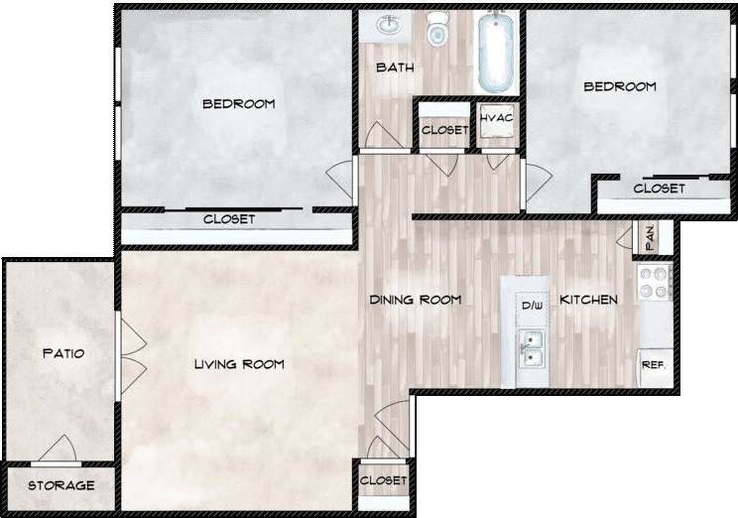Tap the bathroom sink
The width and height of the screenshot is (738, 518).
pyautogui.click(x=387, y=25)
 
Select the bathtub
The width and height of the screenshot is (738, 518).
pyautogui.click(x=495, y=50)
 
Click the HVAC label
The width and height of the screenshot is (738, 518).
pyautogui.click(x=496, y=119)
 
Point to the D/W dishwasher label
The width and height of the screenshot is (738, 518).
pyautogui.click(x=532, y=306)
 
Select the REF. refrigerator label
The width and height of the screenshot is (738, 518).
pyautogui.click(x=653, y=365)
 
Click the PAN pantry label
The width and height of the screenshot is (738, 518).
pyautogui.click(x=650, y=238)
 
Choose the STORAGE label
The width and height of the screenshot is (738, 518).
pyautogui.click(x=61, y=485)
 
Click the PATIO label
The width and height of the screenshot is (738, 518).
pyautogui.click(x=61, y=353)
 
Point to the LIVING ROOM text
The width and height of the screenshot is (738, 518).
pyautogui.click(x=239, y=364)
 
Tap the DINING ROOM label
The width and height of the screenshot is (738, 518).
pyautogui.click(x=416, y=300)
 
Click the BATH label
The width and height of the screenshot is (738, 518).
pyautogui.click(x=394, y=68)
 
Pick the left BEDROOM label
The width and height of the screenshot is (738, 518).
pyautogui.click(x=238, y=103)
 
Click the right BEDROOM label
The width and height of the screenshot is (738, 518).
pyautogui.click(x=619, y=86)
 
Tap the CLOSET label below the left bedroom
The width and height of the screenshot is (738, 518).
pyautogui.click(x=229, y=219)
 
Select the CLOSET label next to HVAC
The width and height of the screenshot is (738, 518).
pyautogui.click(x=444, y=130)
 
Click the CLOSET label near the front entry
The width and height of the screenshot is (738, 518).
pyautogui.click(x=384, y=480)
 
